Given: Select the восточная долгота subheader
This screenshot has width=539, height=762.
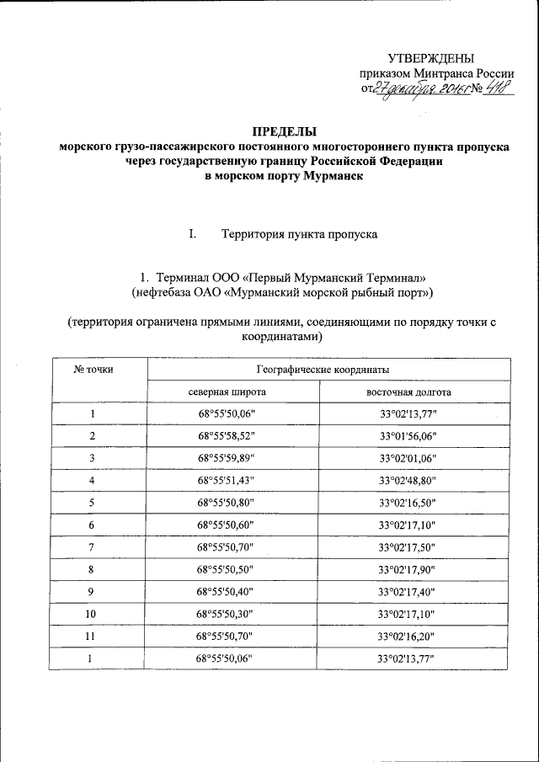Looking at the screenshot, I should coord(408,392).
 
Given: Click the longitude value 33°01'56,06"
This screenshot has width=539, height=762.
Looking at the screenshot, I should coord(408,436).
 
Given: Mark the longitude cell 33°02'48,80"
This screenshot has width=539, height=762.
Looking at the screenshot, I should coord(408,480).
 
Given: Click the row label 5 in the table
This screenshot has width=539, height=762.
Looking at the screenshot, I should coord(93,502).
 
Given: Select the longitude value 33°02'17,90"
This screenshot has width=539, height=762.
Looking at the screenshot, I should coord(408,568).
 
